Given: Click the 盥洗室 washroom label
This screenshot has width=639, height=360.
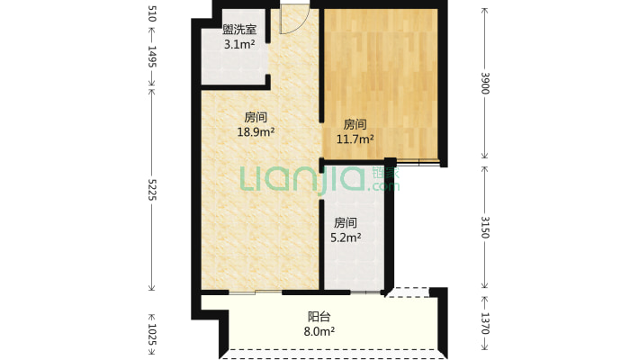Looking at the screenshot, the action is tap(239, 30).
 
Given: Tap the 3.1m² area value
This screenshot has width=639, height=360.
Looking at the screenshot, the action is tap(239, 44).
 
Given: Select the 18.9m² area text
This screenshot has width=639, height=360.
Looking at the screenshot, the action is tap(256, 131).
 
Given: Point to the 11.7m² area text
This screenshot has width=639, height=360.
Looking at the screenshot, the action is tap(355, 139).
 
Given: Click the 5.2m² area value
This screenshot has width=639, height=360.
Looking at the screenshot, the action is tap(346, 238).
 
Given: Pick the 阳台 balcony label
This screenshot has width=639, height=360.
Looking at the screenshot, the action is tap(319, 317).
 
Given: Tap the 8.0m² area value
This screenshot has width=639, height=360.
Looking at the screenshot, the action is tap(319, 331).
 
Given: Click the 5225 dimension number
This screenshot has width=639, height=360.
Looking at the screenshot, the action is tap(151, 189).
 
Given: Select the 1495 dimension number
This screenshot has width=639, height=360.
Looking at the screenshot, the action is tap(151, 57).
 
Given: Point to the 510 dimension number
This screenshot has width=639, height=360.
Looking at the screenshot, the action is tap(151, 13).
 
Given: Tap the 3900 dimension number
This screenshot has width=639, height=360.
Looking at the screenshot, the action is tap(485, 83).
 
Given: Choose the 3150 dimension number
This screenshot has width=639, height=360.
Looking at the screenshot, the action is tap(485, 227).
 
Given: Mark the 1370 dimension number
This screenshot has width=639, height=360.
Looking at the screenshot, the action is tap(485, 323).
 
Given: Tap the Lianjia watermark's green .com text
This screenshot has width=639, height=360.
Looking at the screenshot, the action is tap(383, 186).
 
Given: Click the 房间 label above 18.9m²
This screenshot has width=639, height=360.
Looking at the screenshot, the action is tap(256, 117).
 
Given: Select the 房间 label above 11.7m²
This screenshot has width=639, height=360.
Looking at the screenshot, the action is tap(355, 124).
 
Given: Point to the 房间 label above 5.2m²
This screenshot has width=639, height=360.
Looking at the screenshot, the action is tap(346, 222).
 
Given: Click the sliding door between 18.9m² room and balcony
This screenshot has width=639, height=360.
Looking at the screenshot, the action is tap(256, 292).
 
